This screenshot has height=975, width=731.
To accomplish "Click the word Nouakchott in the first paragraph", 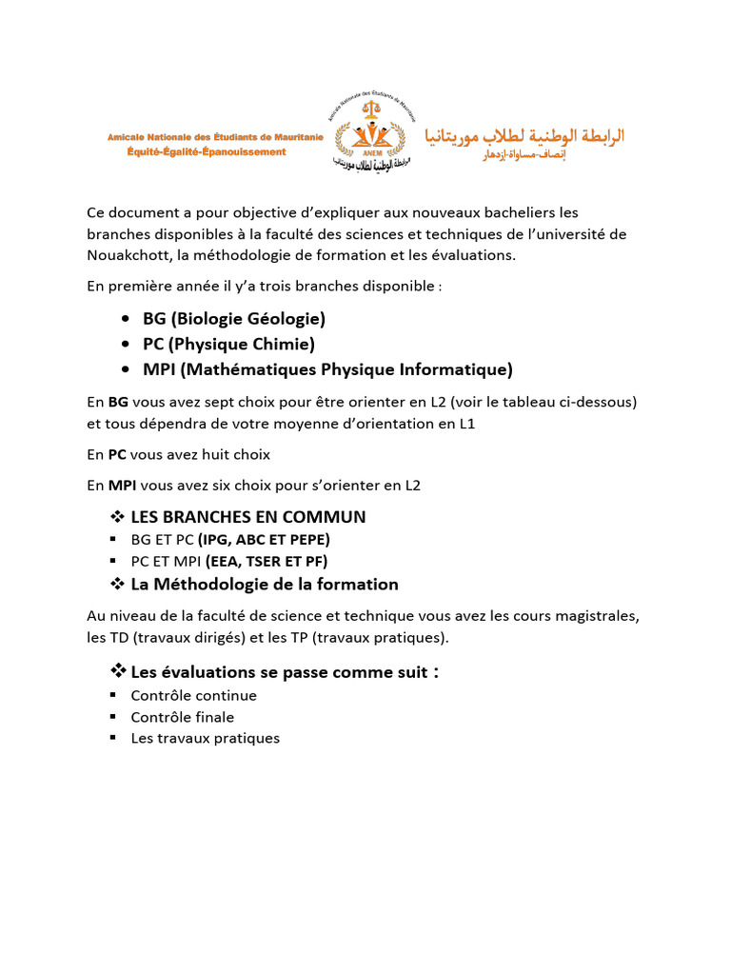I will pyautogui.click(x=125, y=254).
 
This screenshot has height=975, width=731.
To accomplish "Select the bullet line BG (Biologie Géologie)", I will pyautogui.click(x=234, y=318).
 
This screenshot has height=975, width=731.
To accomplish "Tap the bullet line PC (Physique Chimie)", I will pyautogui.click(x=228, y=344).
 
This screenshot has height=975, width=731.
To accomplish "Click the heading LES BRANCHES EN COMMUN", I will pyautogui.click(x=247, y=517).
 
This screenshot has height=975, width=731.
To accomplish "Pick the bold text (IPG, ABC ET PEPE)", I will pyautogui.click(x=264, y=540).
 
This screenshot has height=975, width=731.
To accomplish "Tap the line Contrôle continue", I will pyautogui.click(x=193, y=696).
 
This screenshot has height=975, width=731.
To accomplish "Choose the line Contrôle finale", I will pyautogui.click(x=182, y=717).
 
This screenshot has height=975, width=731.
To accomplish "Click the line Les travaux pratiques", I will pyautogui.click(x=205, y=738).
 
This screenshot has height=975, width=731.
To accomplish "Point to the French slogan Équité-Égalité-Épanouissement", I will pyautogui.click(x=206, y=152).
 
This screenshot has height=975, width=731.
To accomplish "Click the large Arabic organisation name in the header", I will pyautogui.click(x=524, y=135).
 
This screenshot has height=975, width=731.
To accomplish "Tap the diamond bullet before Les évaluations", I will pyautogui.click(x=119, y=672).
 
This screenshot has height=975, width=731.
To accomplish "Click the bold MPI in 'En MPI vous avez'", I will pyautogui.click(x=122, y=486).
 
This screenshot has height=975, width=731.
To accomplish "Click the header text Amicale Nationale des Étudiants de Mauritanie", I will pyautogui.click(x=215, y=138).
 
